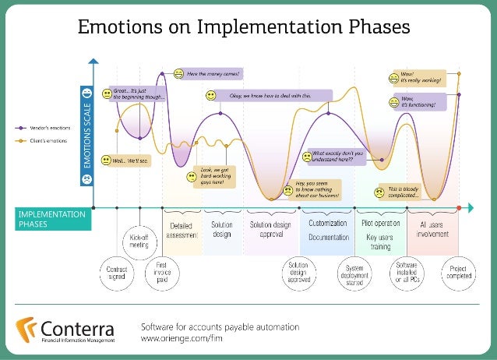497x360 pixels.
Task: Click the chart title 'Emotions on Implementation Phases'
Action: tap(242, 27)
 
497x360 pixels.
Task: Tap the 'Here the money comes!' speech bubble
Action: tap(213, 74)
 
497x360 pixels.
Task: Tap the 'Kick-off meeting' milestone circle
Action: tap(138, 242)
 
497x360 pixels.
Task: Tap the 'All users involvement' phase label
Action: tap(433, 230)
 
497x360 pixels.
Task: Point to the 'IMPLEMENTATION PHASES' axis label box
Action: tap(46, 219)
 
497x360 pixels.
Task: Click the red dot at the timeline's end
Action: tap(460, 207)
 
